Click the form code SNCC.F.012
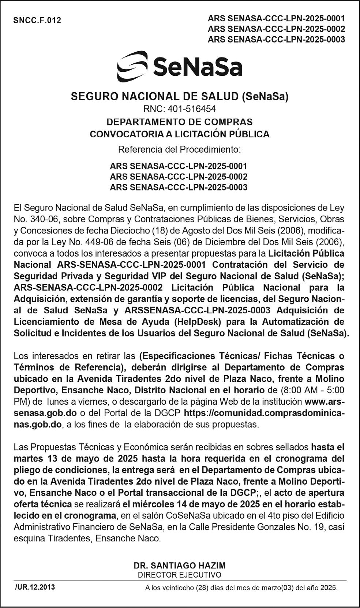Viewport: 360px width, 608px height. point(37,20)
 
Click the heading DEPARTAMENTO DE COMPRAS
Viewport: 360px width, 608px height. point(179,122)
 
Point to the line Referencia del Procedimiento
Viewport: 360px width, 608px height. point(179,149)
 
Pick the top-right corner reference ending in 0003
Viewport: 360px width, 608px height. point(276,40)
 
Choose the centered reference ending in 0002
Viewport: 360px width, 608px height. point(179,176)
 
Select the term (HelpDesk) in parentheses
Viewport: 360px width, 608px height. point(198,322)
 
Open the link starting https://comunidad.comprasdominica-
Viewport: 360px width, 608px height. point(264,413)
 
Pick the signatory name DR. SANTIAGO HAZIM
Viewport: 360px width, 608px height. point(179,565)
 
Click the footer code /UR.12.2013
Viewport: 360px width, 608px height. point(35,587)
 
